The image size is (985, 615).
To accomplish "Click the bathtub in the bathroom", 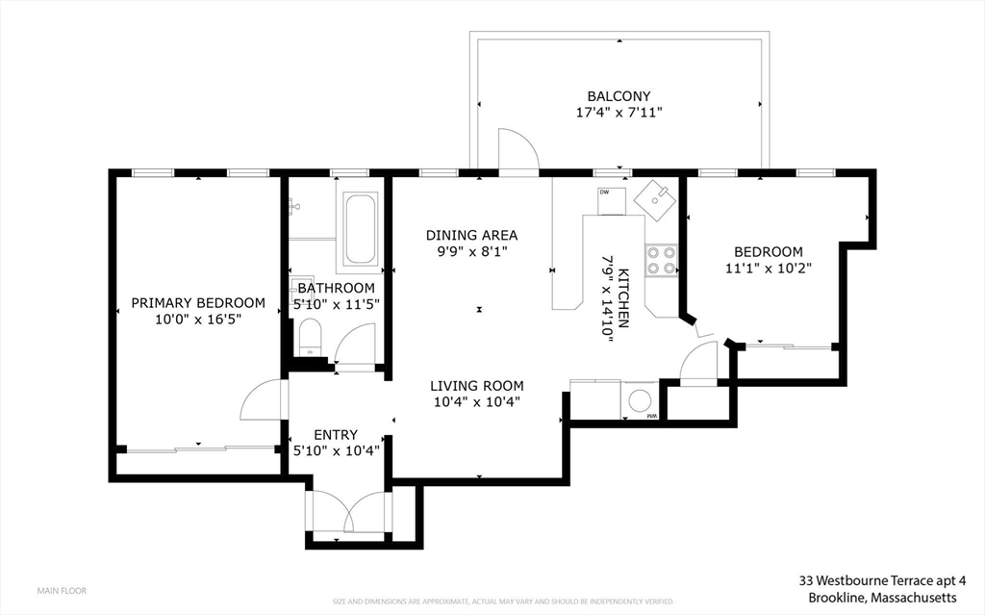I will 361,229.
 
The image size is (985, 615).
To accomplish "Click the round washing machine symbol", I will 639,398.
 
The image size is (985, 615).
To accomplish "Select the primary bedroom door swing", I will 262,399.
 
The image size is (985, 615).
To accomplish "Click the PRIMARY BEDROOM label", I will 198,302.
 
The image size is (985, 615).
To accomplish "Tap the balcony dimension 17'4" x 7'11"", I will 619,113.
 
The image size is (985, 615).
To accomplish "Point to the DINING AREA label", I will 471,235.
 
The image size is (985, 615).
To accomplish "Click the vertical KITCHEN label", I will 623,298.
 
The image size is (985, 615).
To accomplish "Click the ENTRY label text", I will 335,434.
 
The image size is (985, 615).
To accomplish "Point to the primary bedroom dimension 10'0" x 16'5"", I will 198,318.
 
